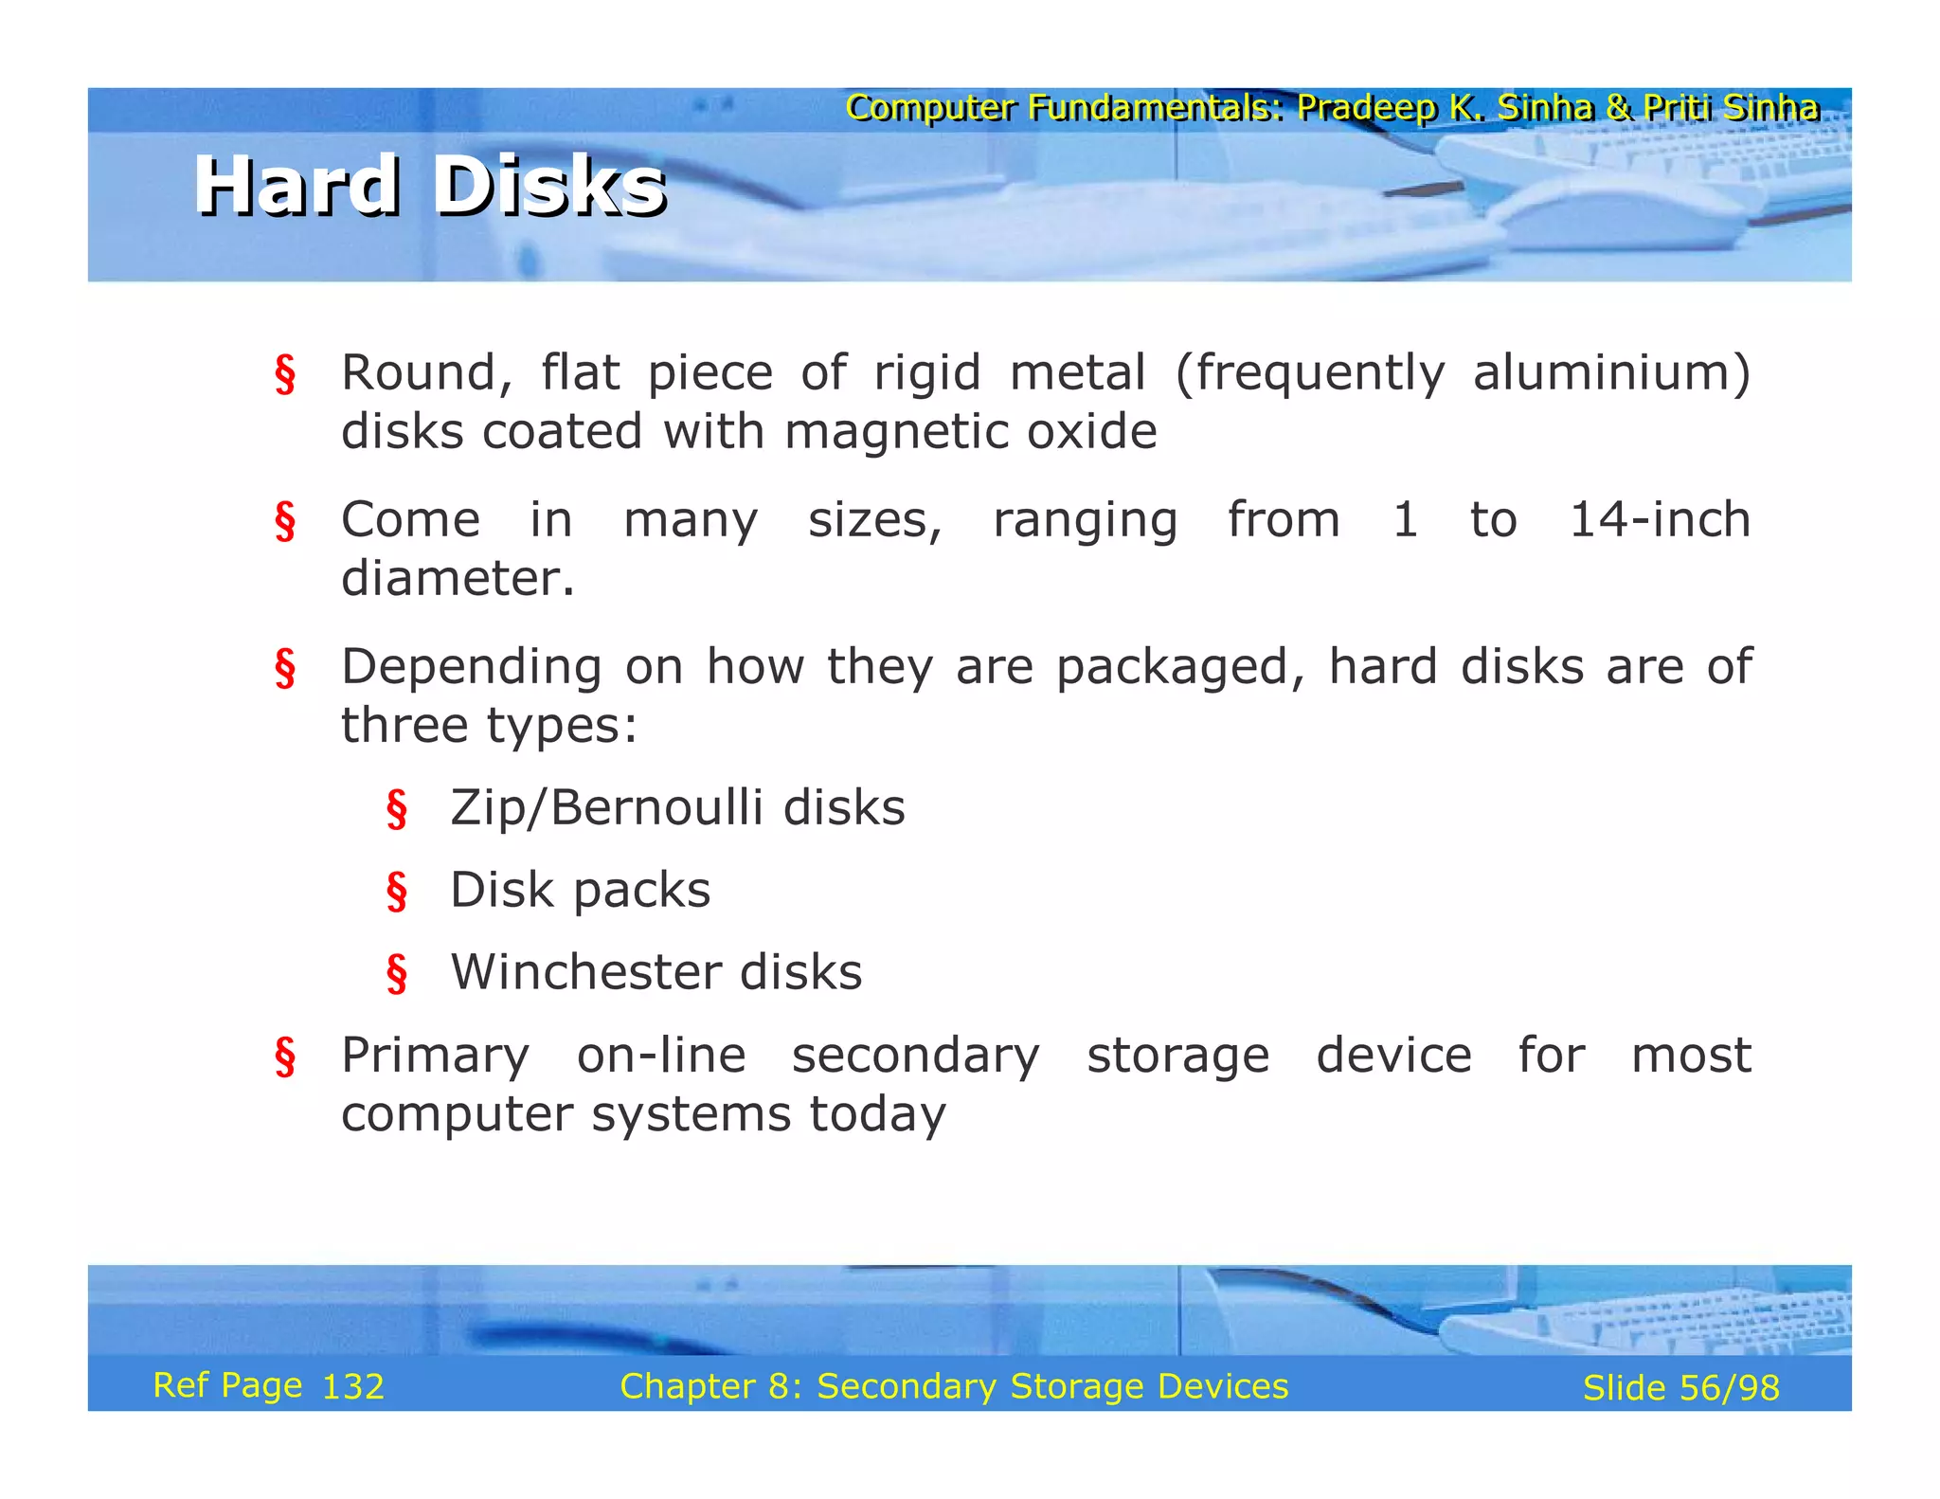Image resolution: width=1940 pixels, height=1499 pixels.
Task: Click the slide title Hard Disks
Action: (430, 186)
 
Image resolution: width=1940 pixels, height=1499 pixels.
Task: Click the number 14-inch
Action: (1660, 520)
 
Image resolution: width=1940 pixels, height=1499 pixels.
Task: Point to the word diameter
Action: (458, 579)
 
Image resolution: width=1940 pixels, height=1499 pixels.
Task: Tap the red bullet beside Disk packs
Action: (397, 892)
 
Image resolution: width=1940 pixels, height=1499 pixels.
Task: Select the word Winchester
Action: (583, 973)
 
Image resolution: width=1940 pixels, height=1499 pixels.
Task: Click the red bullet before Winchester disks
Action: (397, 974)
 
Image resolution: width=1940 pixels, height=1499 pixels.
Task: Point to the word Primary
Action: (435, 1057)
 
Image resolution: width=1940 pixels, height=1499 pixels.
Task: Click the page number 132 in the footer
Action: (352, 1387)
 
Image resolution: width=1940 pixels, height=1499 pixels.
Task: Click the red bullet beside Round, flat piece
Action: (285, 374)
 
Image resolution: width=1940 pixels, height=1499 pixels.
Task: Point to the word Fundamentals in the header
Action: (1156, 108)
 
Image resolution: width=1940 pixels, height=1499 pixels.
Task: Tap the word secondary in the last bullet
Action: (915, 1057)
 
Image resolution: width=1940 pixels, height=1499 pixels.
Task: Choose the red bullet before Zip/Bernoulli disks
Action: (397, 810)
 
